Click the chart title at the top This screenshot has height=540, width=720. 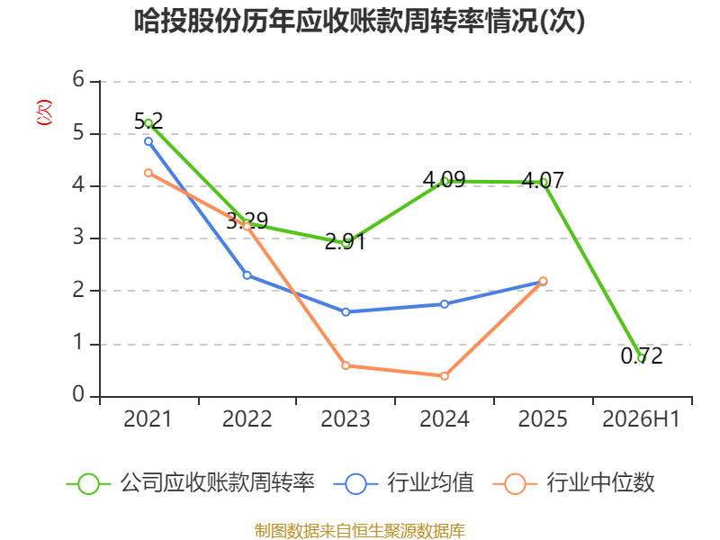tap(359, 21)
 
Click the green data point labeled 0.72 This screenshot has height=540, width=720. tap(642, 358)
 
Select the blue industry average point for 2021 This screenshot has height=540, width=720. tap(148, 141)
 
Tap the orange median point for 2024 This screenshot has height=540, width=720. tap(445, 376)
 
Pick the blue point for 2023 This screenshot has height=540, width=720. tap(346, 312)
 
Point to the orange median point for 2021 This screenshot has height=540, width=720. tap(148, 173)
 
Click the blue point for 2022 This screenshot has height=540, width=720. tap(247, 275)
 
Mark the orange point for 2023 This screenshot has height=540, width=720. tap(346, 366)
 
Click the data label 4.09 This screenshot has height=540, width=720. tap(444, 179)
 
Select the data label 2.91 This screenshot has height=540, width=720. tap(346, 242)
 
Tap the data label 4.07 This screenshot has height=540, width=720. tap(543, 180)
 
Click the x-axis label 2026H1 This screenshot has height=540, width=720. tap(641, 419)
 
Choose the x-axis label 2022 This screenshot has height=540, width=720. tap(247, 419)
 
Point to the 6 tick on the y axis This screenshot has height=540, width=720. tap(78, 80)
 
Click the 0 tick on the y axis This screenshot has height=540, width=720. tap(78, 394)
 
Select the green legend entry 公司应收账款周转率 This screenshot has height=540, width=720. tap(191, 483)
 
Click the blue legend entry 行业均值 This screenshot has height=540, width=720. tap(403, 483)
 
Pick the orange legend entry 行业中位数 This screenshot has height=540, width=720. tap(573, 483)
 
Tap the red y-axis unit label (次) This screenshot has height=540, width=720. tap(44, 112)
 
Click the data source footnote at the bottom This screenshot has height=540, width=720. tap(360, 531)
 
